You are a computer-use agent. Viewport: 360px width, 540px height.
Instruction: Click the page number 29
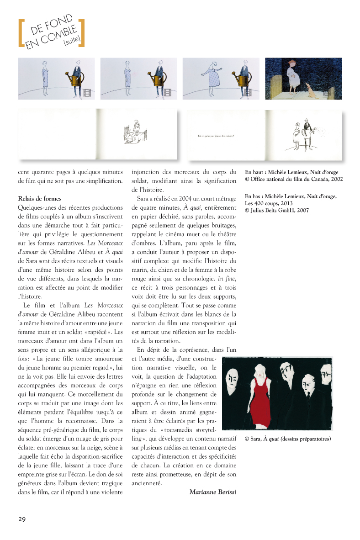point(22,519)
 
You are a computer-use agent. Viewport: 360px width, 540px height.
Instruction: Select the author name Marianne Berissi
point(212,492)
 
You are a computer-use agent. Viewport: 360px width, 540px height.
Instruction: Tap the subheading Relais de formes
point(40,199)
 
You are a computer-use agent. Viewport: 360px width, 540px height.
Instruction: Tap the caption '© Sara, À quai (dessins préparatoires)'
point(287,439)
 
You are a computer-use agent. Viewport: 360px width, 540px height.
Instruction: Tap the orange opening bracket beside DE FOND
point(21,33)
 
